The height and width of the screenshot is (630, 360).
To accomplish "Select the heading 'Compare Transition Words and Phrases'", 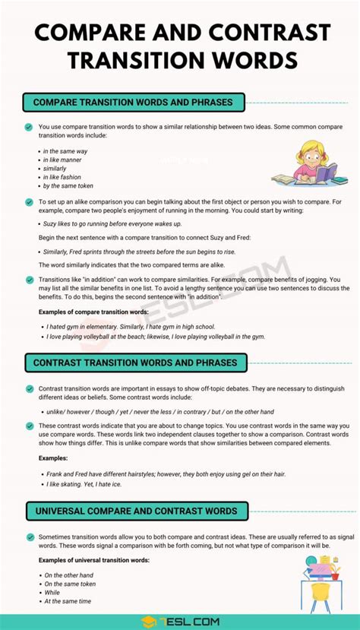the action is click(134, 102).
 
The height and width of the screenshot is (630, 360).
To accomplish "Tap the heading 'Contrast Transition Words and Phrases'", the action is click(135, 362).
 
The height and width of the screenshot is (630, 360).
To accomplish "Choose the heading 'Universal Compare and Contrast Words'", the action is click(135, 511).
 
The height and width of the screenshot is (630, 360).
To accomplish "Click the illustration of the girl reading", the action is click(310, 164).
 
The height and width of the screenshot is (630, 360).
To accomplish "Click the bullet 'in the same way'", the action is click(65, 151).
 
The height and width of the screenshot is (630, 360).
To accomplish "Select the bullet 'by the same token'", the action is click(68, 185).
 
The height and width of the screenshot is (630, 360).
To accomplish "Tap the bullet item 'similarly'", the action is click(57, 169).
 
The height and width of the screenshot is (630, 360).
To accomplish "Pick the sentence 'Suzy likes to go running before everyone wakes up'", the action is click(112, 224).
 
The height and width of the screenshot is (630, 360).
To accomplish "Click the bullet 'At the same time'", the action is click(68, 601).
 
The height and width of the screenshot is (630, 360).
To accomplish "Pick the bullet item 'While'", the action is click(52, 592).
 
